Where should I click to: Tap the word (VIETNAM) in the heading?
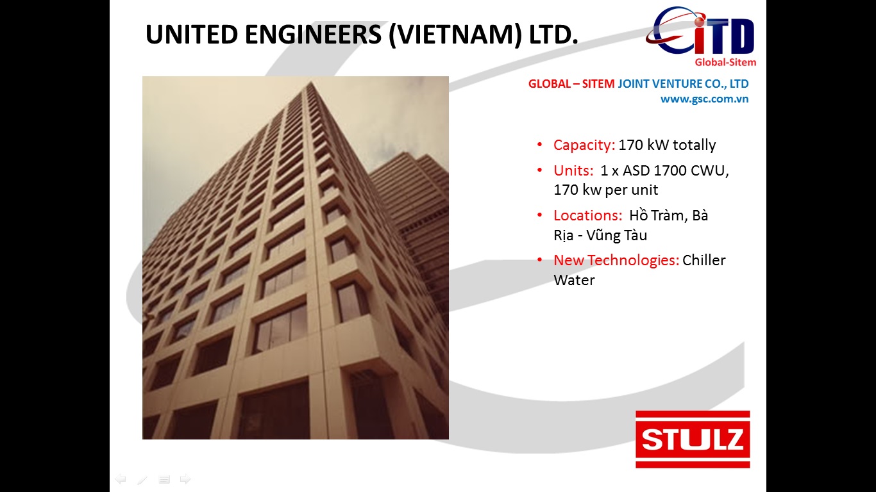click(x=455, y=35)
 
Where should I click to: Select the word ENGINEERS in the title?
click(x=313, y=34)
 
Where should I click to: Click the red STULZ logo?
click(x=693, y=439)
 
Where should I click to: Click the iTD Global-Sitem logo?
click(x=701, y=37)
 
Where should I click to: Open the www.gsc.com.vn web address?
click(x=704, y=99)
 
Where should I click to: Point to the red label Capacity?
click(x=584, y=145)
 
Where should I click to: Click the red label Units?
click(x=573, y=170)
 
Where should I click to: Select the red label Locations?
click(x=588, y=215)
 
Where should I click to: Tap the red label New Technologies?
click(x=616, y=260)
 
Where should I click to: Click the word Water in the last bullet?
click(x=574, y=280)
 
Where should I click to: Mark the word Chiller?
click(x=704, y=260)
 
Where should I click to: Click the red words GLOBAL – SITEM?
click(x=571, y=84)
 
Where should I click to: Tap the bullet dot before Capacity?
click(x=540, y=145)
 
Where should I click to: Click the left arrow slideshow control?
click(x=121, y=479)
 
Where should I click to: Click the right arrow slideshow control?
click(x=185, y=479)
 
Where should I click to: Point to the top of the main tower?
click(x=311, y=82)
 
